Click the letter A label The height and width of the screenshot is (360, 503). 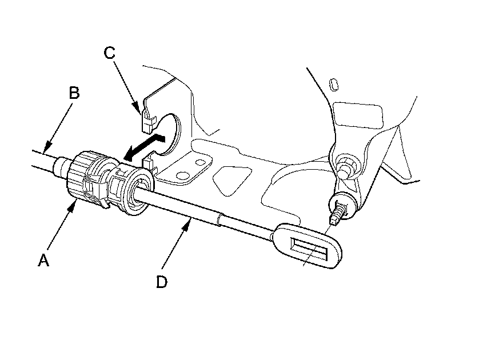coord(43,261)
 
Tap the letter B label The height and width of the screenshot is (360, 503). coord(73,93)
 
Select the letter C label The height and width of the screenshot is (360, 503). coord(110,53)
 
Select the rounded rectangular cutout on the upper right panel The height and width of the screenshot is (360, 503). coord(358,114)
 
